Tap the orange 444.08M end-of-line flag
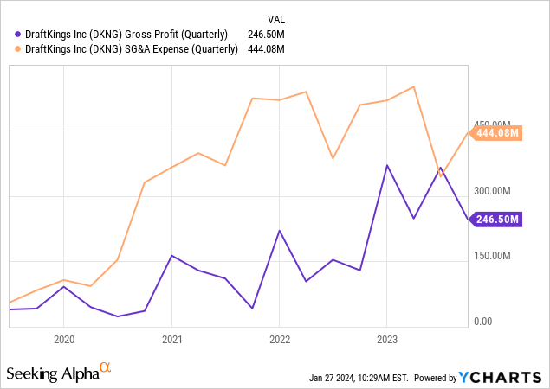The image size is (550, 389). click(x=498, y=133)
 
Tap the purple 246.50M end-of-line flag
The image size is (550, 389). click(x=498, y=220)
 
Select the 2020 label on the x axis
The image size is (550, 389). click(x=63, y=340)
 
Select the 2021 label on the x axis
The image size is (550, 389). click(x=171, y=340)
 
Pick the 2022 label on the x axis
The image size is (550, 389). click(x=279, y=340)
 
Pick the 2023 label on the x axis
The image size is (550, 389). click(x=387, y=340)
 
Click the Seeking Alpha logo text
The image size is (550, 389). click(x=52, y=373)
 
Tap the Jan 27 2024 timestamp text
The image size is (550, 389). click(x=359, y=378)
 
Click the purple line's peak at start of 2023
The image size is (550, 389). click(x=387, y=165)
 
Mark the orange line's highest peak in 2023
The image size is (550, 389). click(x=414, y=86)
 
